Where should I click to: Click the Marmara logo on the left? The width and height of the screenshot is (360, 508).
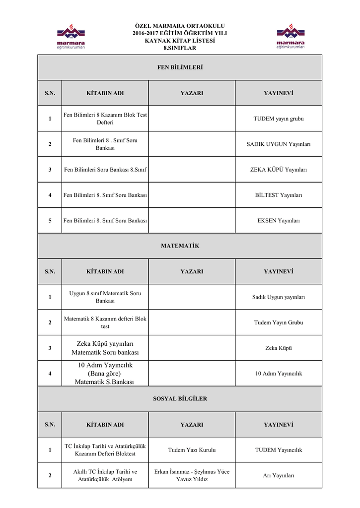(70, 37)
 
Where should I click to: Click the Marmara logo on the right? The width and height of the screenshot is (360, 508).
(290, 37)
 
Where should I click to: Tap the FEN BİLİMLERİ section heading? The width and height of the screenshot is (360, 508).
(180, 67)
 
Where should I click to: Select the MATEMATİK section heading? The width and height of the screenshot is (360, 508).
(180, 246)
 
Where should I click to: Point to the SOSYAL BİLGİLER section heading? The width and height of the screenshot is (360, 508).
(180, 399)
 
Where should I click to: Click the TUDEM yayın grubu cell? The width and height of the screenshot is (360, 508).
(278, 119)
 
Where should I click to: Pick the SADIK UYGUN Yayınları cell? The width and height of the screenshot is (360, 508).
(278, 144)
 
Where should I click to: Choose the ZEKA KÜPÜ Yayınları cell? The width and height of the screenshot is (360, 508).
(278, 170)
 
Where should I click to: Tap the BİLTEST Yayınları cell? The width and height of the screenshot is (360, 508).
(278, 195)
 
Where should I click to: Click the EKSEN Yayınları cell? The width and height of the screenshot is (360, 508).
(278, 221)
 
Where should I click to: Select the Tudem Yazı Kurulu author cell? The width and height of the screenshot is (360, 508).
(192, 450)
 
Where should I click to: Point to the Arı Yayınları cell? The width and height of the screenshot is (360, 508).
(278, 476)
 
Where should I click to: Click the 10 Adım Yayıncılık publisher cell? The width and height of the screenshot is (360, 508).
(278, 374)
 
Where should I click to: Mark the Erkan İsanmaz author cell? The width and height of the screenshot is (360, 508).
(192, 475)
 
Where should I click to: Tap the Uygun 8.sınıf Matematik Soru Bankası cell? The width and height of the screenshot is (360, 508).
(105, 297)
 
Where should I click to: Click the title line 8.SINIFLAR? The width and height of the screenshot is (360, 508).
(180, 48)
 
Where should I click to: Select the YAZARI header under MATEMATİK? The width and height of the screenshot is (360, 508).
(192, 271)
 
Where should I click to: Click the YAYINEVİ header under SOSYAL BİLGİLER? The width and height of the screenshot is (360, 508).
(278, 425)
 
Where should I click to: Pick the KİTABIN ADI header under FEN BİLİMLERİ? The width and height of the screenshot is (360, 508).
(105, 93)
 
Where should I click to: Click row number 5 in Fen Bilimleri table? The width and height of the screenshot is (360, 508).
(50, 221)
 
